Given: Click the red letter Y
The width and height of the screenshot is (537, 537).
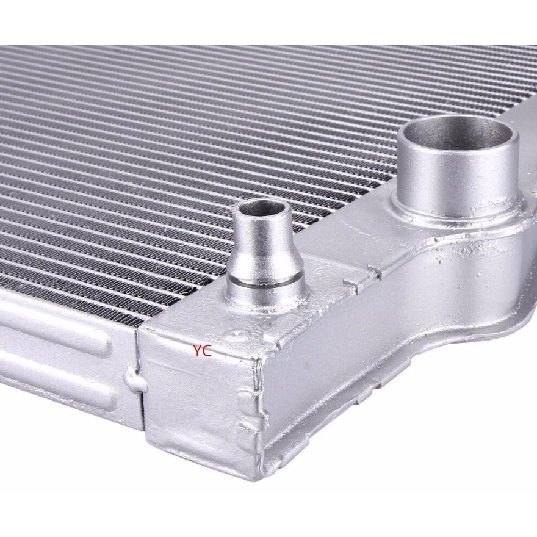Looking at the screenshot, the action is coord(197,351).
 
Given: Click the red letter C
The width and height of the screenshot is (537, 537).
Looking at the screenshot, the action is coord(207,351).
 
